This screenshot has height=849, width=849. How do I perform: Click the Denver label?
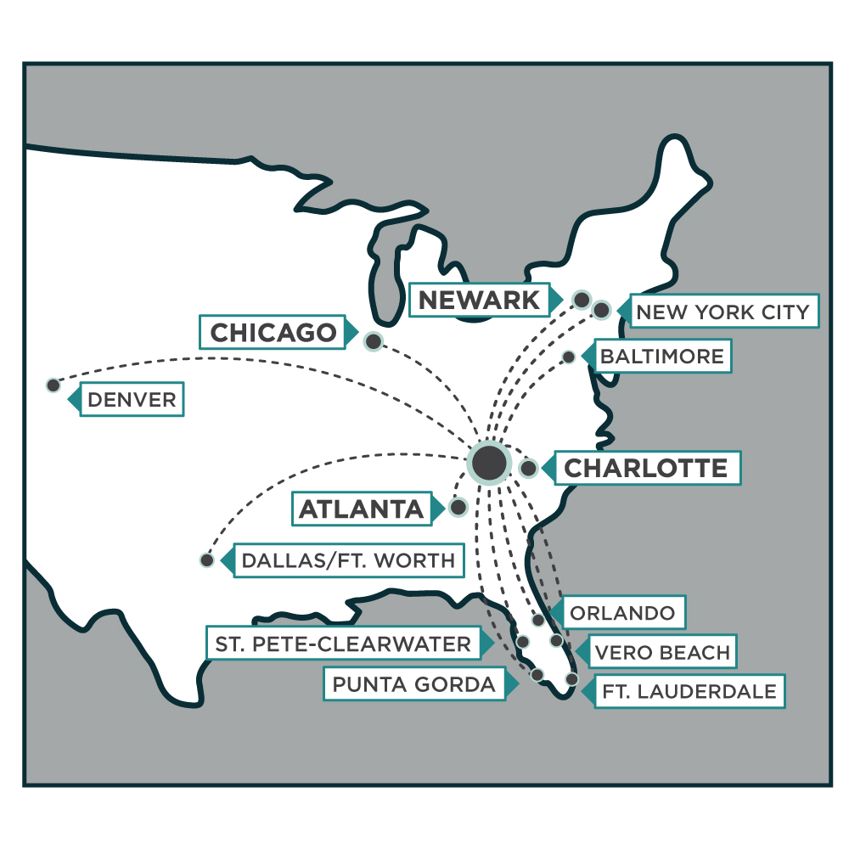coord(132,400)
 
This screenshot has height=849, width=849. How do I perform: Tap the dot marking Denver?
coord(53,385)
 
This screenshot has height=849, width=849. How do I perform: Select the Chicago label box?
coord(273,333)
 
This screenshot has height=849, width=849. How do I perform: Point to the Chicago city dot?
coord(373,341)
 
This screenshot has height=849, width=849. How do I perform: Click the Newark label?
coord(480,299)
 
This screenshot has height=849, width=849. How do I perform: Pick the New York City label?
coord(722,312)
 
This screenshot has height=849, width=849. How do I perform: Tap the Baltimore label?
coord(662,356)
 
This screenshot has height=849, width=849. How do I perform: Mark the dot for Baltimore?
coord(569,357)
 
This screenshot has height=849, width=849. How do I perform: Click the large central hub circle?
coord(489,463)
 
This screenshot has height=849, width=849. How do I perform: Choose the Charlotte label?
coord(645,468)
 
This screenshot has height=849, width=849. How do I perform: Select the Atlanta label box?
coord(361,509)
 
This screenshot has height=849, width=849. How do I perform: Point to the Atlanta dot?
coord(458,508)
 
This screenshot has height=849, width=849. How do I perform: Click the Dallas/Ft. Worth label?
coord(348,561)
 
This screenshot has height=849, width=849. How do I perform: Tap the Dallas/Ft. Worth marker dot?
coord(206,560)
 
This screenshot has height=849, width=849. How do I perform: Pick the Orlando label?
coord(623,613)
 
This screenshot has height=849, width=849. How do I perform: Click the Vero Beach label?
coord(662,652)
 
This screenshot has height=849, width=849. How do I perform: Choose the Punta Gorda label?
coord(413,684)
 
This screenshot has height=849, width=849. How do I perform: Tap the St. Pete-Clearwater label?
coord(342,644)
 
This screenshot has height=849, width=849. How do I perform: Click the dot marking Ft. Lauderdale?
coord(571,679)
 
